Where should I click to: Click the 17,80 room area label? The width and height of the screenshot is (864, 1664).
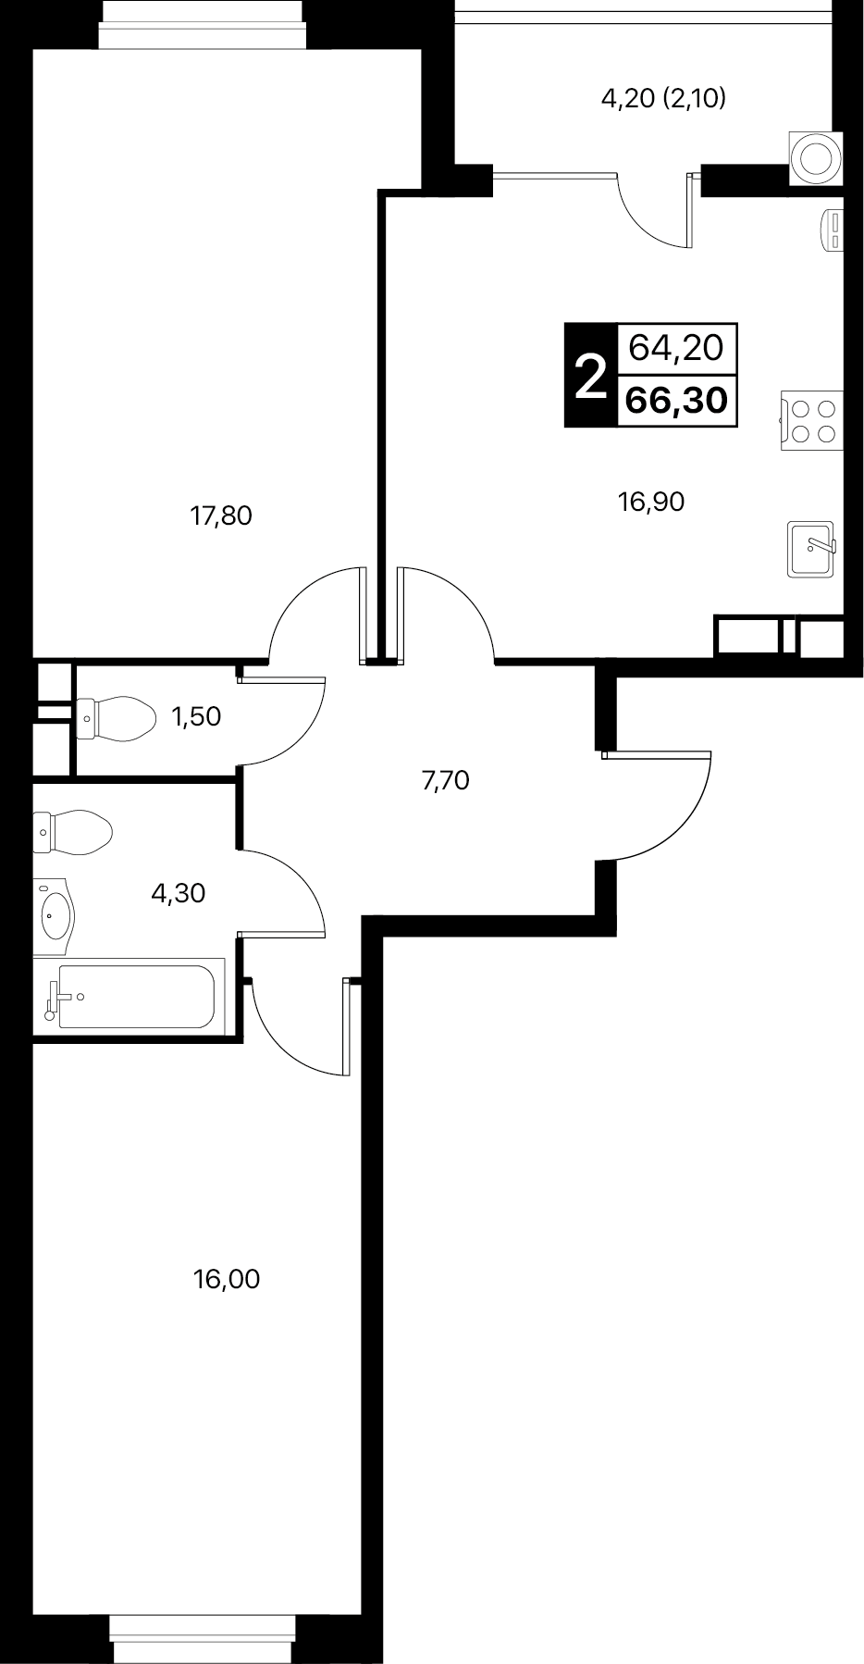point(221,515)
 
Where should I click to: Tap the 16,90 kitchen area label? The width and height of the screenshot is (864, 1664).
point(651,502)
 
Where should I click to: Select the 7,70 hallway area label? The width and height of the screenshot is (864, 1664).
point(446,781)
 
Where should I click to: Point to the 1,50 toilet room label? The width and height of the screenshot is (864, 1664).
point(197,715)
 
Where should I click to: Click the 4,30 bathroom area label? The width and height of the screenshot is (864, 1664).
point(178,893)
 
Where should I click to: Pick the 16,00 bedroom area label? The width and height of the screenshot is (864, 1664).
point(227,1279)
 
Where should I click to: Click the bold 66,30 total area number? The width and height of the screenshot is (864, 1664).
point(676,401)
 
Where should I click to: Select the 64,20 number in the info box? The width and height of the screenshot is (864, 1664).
point(676,348)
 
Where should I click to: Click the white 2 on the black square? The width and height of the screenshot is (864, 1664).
point(590,375)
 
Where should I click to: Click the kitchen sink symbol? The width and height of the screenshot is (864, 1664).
point(812,549)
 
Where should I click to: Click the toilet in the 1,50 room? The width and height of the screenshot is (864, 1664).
point(115,716)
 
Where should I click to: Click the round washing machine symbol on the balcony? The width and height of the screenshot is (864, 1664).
point(817,156)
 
